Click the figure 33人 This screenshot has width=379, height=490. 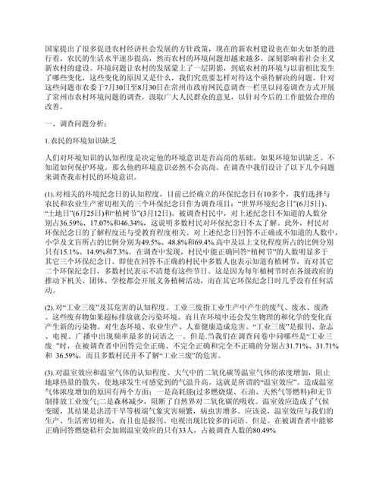pyautogui.click(x=178, y=461)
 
